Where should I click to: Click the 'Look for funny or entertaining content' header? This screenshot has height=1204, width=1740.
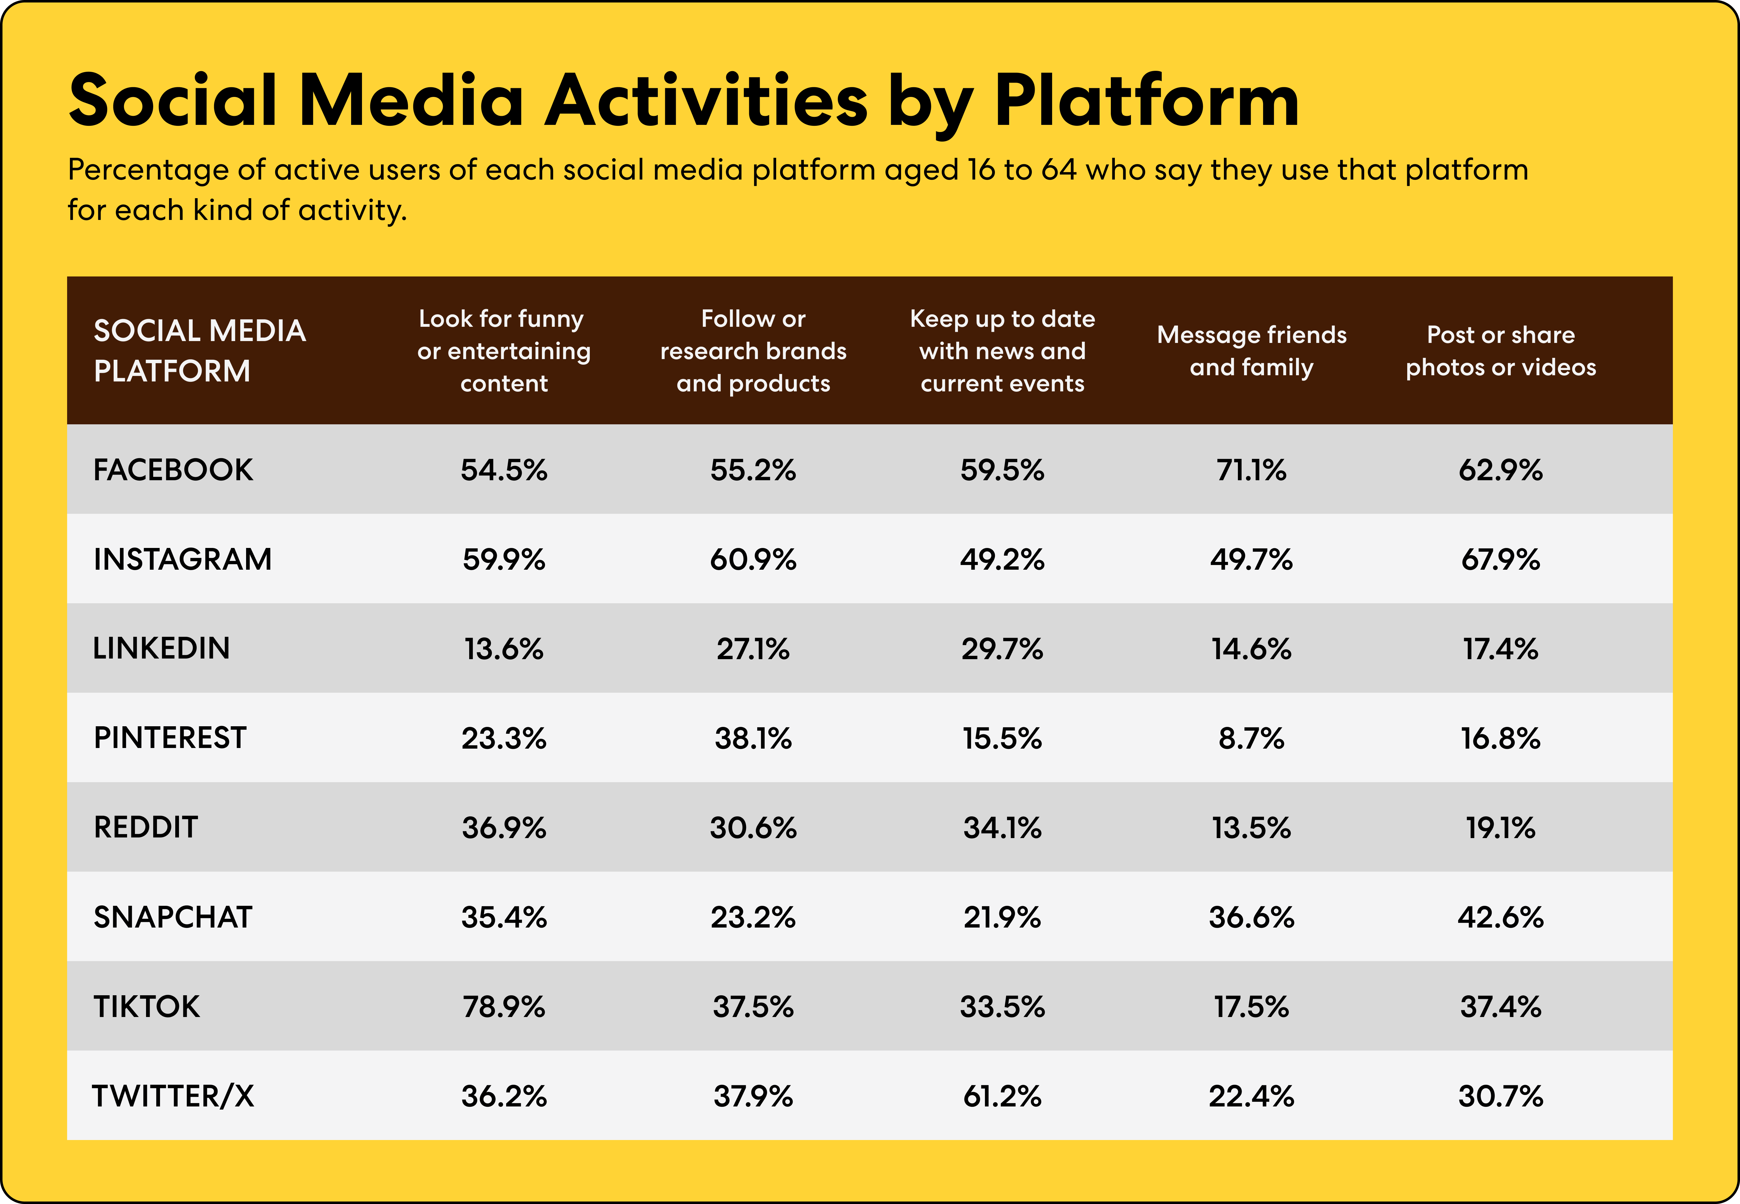tap(504, 351)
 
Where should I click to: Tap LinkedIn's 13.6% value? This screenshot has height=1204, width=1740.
tap(504, 649)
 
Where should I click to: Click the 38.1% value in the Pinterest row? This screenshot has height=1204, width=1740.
tap(753, 738)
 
